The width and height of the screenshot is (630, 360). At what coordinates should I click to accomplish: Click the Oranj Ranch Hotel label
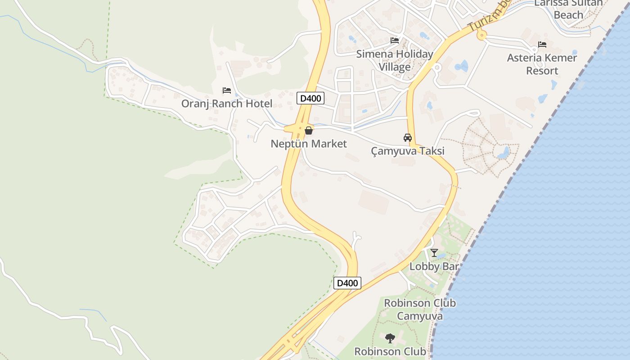tap(227, 103)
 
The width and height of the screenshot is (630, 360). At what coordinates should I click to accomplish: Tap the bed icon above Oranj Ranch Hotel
tap(227, 90)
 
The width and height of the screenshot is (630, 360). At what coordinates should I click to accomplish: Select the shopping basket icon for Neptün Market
tap(309, 131)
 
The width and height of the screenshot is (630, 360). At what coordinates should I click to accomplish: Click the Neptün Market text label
tap(309, 144)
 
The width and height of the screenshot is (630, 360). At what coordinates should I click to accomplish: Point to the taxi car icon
tap(408, 138)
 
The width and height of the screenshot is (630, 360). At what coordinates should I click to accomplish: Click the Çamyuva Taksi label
tap(408, 151)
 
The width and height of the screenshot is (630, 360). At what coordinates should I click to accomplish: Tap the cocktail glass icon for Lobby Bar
tap(434, 253)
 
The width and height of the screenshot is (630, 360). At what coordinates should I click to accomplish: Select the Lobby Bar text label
tap(434, 266)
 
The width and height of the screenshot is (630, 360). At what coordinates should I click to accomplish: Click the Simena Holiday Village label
tap(395, 60)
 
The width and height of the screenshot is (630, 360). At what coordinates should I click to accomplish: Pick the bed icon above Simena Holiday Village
tap(395, 40)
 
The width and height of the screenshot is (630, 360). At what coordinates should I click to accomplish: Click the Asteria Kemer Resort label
tap(542, 64)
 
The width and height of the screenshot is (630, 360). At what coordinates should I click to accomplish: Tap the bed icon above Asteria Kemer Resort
tap(542, 45)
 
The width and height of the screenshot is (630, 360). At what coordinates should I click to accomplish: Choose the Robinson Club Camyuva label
tap(419, 310)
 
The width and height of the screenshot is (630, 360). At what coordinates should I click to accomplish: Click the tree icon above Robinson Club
tap(390, 338)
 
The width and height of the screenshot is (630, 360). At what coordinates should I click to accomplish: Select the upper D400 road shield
tap(310, 98)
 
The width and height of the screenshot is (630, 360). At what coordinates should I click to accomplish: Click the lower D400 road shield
tap(347, 283)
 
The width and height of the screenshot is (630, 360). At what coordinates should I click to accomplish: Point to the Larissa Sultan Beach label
tap(568, 9)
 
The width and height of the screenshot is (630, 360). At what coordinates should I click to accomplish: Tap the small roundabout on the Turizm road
tap(482, 34)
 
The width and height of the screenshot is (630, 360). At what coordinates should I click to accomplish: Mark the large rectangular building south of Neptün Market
tap(373, 202)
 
